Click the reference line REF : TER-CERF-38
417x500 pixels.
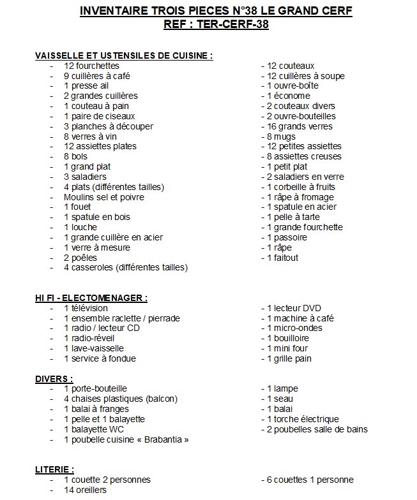tap(216, 25)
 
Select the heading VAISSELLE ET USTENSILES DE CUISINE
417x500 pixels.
tap(124, 55)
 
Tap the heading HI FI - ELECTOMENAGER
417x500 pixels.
tap(91, 298)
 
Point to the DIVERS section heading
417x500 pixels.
tap(54, 379)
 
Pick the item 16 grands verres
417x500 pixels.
tap(300, 126)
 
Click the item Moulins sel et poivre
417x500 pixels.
tap(104, 197)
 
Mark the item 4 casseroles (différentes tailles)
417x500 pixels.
tap(126, 268)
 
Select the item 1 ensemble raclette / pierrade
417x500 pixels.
tap(122, 318)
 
